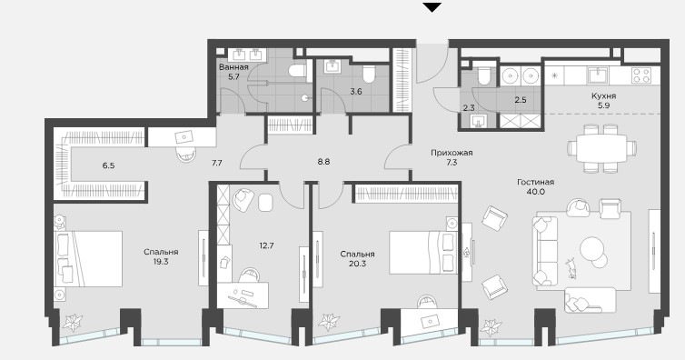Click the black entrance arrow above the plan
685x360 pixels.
[x=432, y=7]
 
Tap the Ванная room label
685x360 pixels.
[x=233, y=67]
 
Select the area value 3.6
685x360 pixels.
[x=356, y=92]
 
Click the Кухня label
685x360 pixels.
[x=604, y=96]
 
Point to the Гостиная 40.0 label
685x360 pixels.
[x=536, y=187]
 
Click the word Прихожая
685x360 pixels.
[x=452, y=153]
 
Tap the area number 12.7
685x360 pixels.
[x=266, y=245]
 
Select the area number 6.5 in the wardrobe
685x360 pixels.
[x=108, y=165]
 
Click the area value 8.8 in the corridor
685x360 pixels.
[x=323, y=162]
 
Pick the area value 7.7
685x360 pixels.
[x=217, y=163]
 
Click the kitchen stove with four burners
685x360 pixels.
[x=640, y=75]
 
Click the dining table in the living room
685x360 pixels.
[x=601, y=148]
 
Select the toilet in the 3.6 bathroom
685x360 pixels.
[x=369, y=74]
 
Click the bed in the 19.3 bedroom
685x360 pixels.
[x=88, y=259]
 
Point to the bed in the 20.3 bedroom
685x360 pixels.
[x=423, y=252]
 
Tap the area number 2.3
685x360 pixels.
[x=468, y=108]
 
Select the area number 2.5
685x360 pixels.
[x=520, y=100]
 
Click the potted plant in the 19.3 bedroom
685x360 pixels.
[x=72, y=323]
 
